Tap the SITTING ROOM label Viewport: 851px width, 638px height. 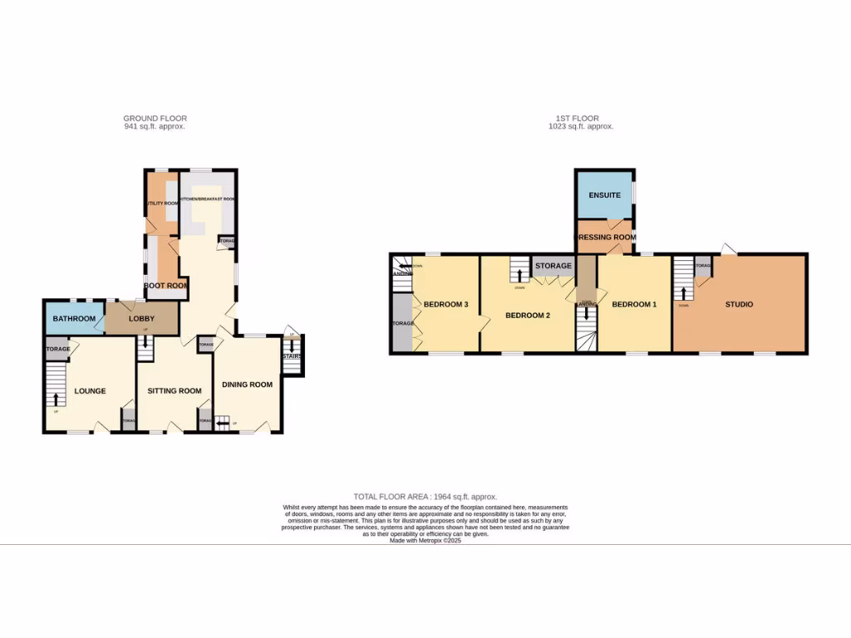tap(175, 390)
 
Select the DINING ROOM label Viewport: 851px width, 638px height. tap(248, 385)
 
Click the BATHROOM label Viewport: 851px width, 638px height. tap(73, 318)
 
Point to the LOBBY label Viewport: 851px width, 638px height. tap(141, 318)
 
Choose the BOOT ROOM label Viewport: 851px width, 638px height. tap(165, 285)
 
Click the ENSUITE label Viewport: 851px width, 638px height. tap(604, 195)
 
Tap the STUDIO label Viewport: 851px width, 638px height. tap(739, 304)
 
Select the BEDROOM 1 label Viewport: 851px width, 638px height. tap(634, 304)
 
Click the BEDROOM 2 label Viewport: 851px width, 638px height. tap(529, 315)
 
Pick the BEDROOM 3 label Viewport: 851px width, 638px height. tap(446, 304)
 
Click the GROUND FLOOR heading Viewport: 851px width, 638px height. tap(155, 119)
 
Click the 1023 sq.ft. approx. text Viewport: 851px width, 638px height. tap(581, 127)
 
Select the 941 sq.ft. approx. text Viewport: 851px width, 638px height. tap(155, 127)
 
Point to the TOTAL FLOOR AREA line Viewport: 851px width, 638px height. tap(425, 497)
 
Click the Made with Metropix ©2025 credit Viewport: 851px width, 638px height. tap(425, 540)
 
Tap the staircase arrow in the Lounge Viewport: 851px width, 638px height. tap(56, 400)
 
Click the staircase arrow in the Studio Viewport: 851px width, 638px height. tap(683, 293)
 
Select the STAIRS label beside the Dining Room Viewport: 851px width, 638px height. tap(292, 356)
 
